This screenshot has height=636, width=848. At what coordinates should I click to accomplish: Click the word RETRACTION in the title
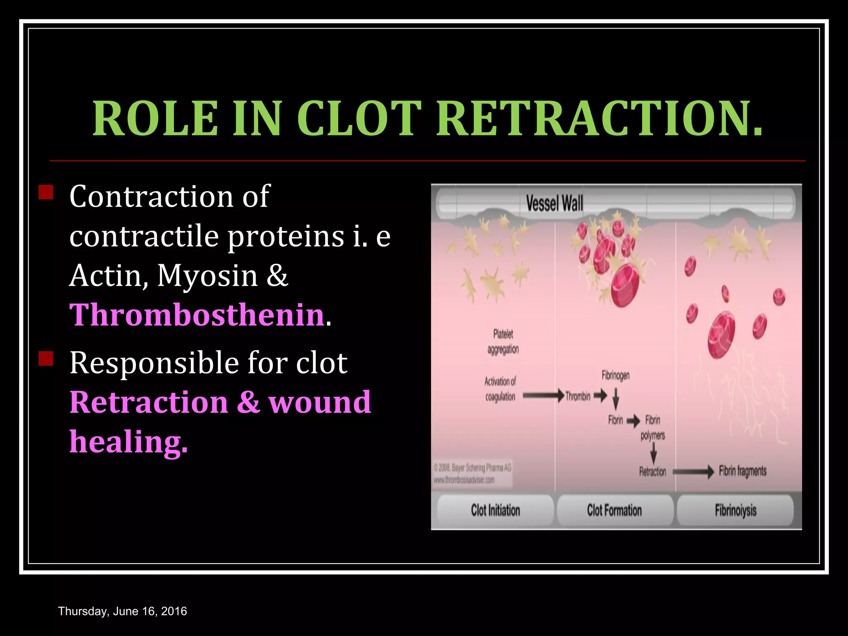(600, 119)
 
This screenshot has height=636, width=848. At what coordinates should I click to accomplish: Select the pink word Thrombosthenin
(197, 315)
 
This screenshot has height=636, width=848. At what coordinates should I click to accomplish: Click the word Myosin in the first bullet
(207, 276)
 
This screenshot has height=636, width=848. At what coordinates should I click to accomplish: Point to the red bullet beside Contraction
(46, 193)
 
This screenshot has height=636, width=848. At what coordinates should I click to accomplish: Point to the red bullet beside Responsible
(46, 359)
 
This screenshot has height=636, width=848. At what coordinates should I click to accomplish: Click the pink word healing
(128, 442)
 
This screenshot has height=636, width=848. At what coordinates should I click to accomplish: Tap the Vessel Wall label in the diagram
(554, 204)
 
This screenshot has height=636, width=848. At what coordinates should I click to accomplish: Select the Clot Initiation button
(495, 510)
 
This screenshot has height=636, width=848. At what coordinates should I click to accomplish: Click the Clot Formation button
(614, 510)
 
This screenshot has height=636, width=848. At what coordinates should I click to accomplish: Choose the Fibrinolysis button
(735, 510)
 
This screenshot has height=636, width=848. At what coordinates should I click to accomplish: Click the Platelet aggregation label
(503, 342)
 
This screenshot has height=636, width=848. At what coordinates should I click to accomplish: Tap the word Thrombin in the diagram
(578, 396)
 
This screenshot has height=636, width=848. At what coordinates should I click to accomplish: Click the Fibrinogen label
(615, 376)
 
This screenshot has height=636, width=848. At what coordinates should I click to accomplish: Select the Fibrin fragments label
(742, 471)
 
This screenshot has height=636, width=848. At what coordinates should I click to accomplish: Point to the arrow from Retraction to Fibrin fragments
(693, 471)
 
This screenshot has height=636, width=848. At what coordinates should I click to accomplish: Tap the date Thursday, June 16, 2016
(123, 611)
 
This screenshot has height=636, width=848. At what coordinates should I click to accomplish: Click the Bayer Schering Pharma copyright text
(472, 468)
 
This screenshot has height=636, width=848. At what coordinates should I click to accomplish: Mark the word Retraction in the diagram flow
(653, 472)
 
